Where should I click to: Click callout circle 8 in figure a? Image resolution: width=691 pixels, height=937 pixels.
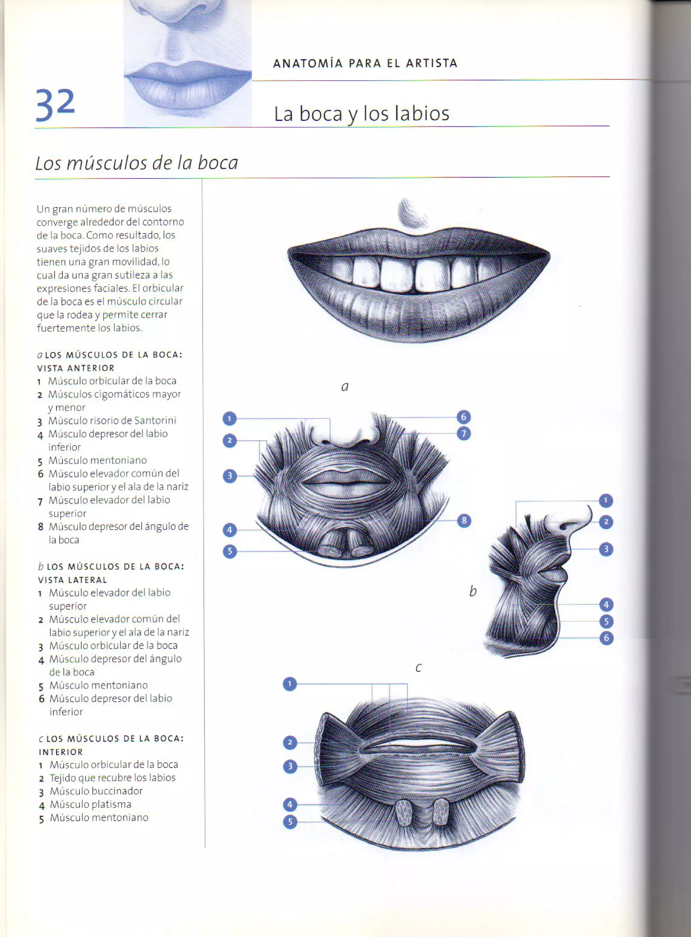click(464, 521)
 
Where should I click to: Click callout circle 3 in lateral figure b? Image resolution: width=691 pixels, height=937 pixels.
click(606, 549)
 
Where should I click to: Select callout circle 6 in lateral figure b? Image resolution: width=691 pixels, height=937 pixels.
click(606, 638)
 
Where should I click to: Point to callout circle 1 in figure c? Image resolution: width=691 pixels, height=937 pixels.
click(289, 684)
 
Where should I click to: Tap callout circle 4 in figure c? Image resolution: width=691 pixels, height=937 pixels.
click(290, 804)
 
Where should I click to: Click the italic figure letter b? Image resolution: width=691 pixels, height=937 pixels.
click(473, 591)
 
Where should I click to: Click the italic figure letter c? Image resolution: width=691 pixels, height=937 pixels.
click(418, 668)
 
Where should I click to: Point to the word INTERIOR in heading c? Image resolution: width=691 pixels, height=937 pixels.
click(61, 752)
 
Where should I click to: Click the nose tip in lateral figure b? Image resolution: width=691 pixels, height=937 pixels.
click(589, 515)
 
